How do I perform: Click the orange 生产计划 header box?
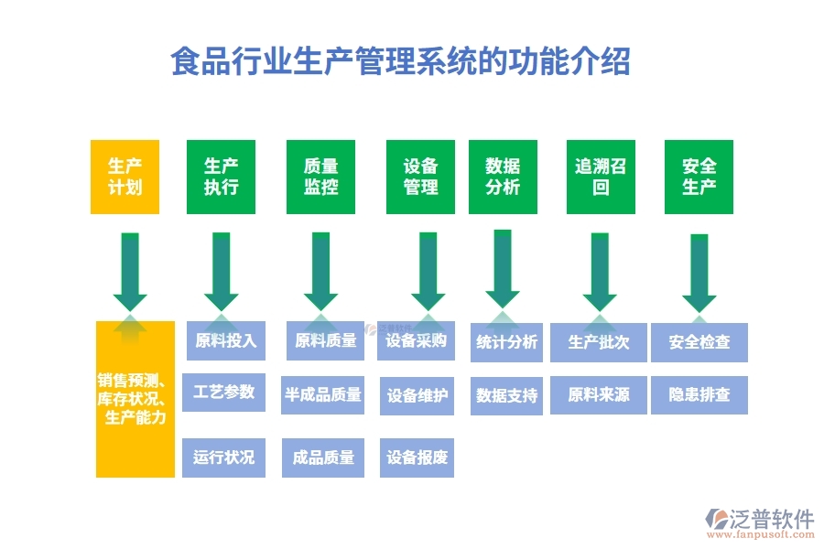pyautogui.click(x=125, y=178)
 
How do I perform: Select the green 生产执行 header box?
pyautogui.click(x=221, y=178)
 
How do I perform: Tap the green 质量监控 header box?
pyautogui.click(x=320, y=178)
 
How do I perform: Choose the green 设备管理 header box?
pyautogui.click(x=420, y=178)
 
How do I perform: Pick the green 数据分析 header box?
pyautogui.click(x=503, y=178)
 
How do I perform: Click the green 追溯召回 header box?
pyautogui.click(x=600, y=178)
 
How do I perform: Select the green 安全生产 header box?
pyautogui.click(x=699, y=178)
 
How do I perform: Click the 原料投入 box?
pyautogui.click(x=225, y=341)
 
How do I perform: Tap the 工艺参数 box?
pyautogui.click(x=224, y=393)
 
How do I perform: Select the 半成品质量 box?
pyautogui.click(x=323, y=395)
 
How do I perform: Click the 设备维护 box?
pyautogui.click(x=417, y=396)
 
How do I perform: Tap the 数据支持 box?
pyautogui.click(x=506, y=396)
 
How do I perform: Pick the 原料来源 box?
pyautogui.click(x=599, y=395)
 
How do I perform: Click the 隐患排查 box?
pyautogui.click(x=699, y=395)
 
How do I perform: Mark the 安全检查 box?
pyautogui.click(x=699, y=342)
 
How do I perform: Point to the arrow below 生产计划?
pyautogui.click(x=130, y=272)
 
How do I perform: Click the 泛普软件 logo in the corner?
pyautogui.click(x=760, y=522)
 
